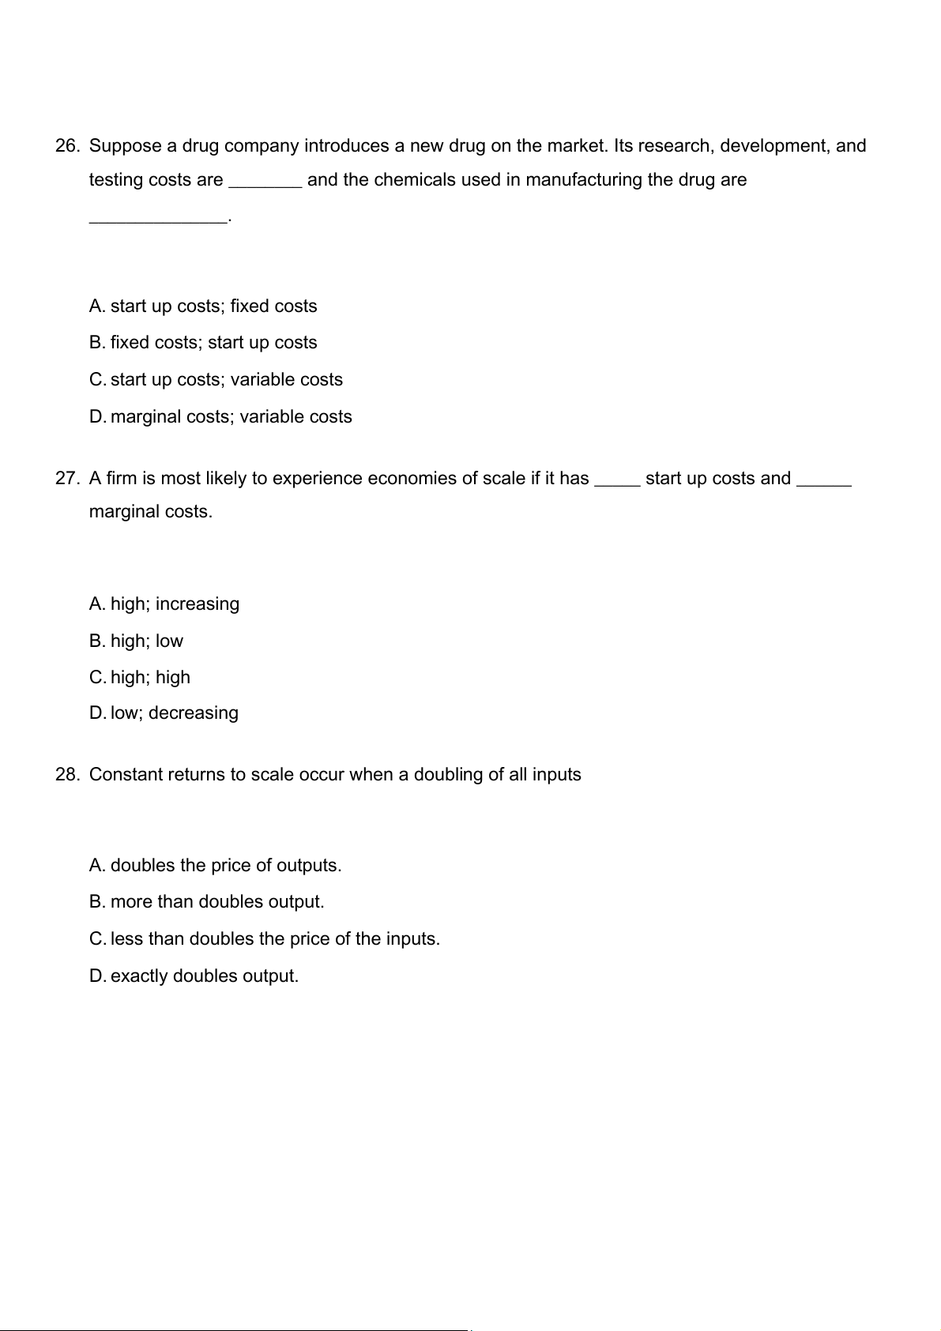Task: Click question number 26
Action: pyautogui.click(x=67, y=146)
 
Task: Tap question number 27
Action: pyautogui.click(x=67, y=479)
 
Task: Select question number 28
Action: pyautogui.click(x=67, y=775)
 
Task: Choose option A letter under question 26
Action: pyautogui.click(x=96, y=306)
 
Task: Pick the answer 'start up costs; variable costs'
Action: pyautogui.click(x=227, y=380)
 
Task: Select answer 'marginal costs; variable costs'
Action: pyautogui.click(x=231, y=417)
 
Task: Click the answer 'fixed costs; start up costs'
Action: pyautogui.click(x=213, y=343)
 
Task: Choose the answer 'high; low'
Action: pyautogui.click(x=147, y=641)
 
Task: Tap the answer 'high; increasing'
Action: pyautogui.click(x=175, y=604)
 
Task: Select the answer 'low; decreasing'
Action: pyautogui.click(x=175, y=713)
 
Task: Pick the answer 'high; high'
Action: pyautogui.click(x=150, y=678)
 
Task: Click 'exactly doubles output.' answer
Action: pyautogui.click(x=205, y=976)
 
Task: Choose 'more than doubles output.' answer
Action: pyautogui.click(x=217, y=902)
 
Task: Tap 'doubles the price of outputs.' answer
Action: pyautogui.click(x=226, y=866)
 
